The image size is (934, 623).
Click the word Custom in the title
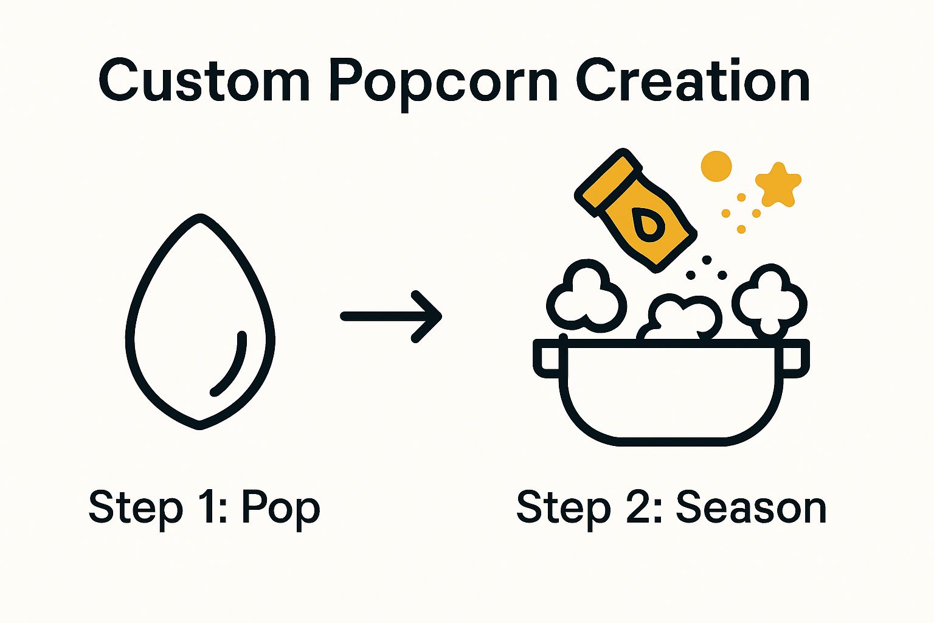[204, 81]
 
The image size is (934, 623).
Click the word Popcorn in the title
[443, 82]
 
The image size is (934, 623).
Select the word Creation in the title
[693, 81]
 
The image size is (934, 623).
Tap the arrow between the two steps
[392, 316]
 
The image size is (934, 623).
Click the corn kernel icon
[200, 322]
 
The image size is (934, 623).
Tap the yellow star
[778, 184]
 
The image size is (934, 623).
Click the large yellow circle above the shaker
[716, 166]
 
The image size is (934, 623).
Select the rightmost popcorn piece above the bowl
[770, 300]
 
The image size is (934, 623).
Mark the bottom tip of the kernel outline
[199, 426]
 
